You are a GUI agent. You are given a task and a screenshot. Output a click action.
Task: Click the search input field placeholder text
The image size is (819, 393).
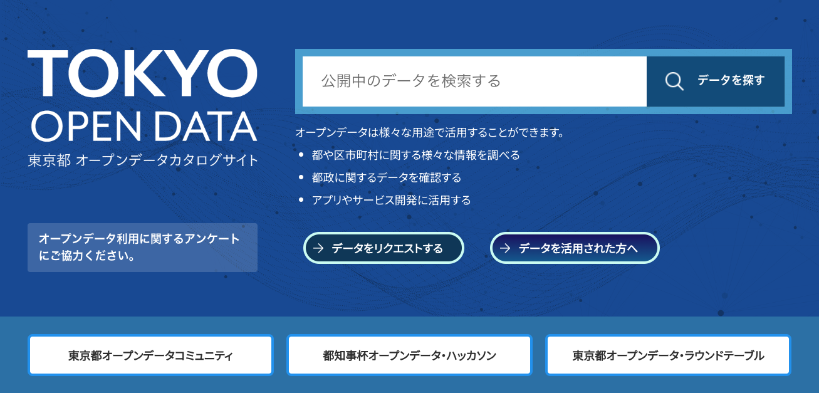(x=410, y=81)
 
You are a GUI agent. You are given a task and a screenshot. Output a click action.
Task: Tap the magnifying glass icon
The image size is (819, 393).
(x=674, y=81)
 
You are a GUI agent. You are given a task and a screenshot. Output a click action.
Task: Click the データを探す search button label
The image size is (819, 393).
(x=731, y=80)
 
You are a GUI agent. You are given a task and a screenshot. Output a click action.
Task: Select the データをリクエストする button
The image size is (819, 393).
(x=383, y=248)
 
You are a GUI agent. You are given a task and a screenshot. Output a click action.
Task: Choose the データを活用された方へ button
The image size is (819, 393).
(x=575, y=248)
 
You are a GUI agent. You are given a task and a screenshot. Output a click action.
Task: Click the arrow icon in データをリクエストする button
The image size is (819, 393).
(x=318, y=248)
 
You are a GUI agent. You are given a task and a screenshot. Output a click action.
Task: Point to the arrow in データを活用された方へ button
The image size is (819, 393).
(x=505, y=248)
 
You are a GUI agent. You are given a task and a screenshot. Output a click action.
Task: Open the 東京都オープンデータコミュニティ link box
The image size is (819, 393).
(x=150, y=355)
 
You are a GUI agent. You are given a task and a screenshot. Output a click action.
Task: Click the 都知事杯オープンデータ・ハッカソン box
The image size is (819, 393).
(x=409, y=355)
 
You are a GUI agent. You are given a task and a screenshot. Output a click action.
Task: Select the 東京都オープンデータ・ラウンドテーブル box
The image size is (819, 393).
(x=668, y=355)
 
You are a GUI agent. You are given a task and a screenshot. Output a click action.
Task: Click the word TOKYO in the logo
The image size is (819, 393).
(x=143, y=73)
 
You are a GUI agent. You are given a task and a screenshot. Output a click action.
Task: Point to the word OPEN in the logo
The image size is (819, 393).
(x=86, y=126)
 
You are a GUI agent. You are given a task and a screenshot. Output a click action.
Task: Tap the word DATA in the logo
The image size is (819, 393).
(x=205, y=127)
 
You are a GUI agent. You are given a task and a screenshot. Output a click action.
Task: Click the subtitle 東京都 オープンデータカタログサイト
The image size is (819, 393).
(x=143, y=160)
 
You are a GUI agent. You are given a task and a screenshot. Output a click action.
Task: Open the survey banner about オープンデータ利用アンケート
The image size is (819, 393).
(x=142, y=248)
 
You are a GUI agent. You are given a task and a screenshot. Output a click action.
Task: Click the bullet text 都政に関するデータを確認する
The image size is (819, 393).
(x=387, y=177)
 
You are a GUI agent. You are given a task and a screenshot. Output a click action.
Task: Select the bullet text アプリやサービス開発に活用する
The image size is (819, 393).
(x=391, y=201)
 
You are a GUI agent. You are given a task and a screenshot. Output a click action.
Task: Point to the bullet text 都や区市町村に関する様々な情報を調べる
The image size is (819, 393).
(x=415, y=155)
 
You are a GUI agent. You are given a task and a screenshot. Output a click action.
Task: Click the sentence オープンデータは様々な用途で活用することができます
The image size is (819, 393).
(x=430, y=132)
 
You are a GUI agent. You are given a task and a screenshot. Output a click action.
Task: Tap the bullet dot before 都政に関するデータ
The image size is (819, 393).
(x=301, y=177)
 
